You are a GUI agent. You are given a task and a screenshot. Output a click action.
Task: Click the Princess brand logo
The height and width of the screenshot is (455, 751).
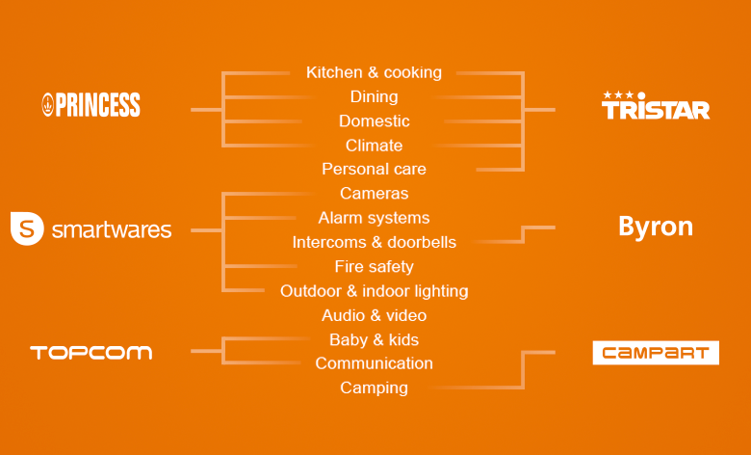(91, 105)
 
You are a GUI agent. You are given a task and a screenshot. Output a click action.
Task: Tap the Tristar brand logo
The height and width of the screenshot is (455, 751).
(656, 105)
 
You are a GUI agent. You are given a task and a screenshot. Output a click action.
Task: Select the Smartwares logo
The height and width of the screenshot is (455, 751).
(91, 228)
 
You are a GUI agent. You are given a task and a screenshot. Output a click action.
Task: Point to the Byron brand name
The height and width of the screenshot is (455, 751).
(656, 227)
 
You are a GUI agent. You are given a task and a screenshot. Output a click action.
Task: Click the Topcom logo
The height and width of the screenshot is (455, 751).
(91, 353)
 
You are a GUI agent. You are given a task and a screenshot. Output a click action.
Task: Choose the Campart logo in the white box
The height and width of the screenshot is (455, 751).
(656, 353)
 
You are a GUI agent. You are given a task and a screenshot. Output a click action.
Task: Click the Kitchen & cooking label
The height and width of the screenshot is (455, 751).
(375, 72)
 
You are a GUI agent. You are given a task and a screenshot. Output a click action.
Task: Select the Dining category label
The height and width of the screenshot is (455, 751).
(375, 96)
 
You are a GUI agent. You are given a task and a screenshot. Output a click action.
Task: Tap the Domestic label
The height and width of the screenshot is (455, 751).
(375, 120)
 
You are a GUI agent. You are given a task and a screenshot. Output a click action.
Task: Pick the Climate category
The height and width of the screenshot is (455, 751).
(375, 146)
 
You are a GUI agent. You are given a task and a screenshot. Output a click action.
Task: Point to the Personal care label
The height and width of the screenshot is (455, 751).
(375, 169)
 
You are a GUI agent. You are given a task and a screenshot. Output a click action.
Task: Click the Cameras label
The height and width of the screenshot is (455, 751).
(375, 193)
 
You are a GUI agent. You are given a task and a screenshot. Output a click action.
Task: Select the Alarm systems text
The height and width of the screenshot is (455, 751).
(375, 218)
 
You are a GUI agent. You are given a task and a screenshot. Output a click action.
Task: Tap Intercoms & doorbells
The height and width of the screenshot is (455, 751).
(375, 242)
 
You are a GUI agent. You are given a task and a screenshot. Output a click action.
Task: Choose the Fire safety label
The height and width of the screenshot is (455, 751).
(375, 267)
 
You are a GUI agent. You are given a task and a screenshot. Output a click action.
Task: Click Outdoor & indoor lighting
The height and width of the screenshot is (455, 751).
(375, 291)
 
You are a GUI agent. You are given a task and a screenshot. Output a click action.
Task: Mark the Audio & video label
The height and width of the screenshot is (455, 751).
(375, 315)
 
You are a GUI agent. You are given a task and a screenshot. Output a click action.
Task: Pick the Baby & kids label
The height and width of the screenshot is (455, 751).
(375, 340)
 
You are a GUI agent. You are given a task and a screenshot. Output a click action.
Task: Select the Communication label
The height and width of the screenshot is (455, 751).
(375, 363)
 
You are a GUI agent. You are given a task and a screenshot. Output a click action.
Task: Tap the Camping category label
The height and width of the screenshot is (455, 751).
(375, 388)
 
